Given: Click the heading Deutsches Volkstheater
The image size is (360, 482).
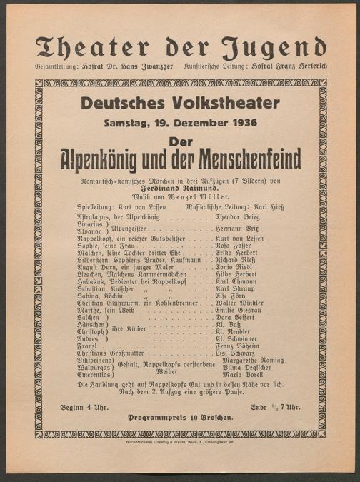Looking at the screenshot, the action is (179, 103).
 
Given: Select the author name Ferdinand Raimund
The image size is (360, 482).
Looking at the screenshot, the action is (180, 188).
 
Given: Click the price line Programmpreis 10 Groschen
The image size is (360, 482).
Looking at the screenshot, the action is (181, 417).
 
